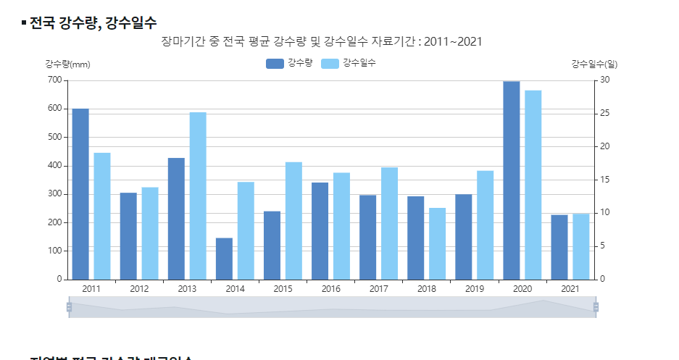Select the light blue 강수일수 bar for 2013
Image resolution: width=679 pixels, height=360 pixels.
coord(198,196)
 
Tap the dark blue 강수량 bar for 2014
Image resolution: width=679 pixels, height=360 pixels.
coord(224,258)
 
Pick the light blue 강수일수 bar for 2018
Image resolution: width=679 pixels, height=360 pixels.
coord(437,243)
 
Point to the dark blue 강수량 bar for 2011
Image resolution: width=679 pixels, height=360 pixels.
coord(80,193)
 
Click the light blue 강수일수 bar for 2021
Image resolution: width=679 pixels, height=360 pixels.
coord(581,246)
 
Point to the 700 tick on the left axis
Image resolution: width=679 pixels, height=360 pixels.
coord(54,80)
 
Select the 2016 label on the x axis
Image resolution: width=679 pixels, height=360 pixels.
coord(330,289)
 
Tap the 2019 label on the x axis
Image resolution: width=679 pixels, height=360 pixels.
coord(474,289)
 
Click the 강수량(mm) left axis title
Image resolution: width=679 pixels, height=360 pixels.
coord(67,64)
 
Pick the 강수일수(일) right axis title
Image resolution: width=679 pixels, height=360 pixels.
coord(594,64)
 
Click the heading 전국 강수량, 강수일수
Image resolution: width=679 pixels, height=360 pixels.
coord(93,23)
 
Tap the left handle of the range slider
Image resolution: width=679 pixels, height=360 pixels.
coord(69,307)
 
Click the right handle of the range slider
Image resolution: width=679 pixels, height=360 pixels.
coord(596,307)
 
